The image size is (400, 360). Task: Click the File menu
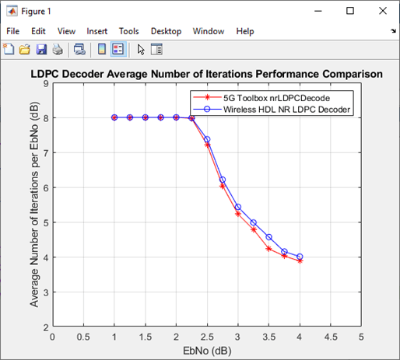12,31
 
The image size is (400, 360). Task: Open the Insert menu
97,31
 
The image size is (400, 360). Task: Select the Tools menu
129,31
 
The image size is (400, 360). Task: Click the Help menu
245,31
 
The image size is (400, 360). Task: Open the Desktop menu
166,31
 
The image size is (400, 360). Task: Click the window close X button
381,11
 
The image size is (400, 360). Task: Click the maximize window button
350,11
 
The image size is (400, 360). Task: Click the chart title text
206,75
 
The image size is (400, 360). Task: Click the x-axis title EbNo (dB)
206,351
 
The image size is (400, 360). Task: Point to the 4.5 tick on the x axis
330,337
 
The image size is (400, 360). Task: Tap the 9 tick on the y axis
46,83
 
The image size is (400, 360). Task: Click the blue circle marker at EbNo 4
300,257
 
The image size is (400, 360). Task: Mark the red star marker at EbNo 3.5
268,249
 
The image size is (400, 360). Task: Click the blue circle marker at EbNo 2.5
207,139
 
